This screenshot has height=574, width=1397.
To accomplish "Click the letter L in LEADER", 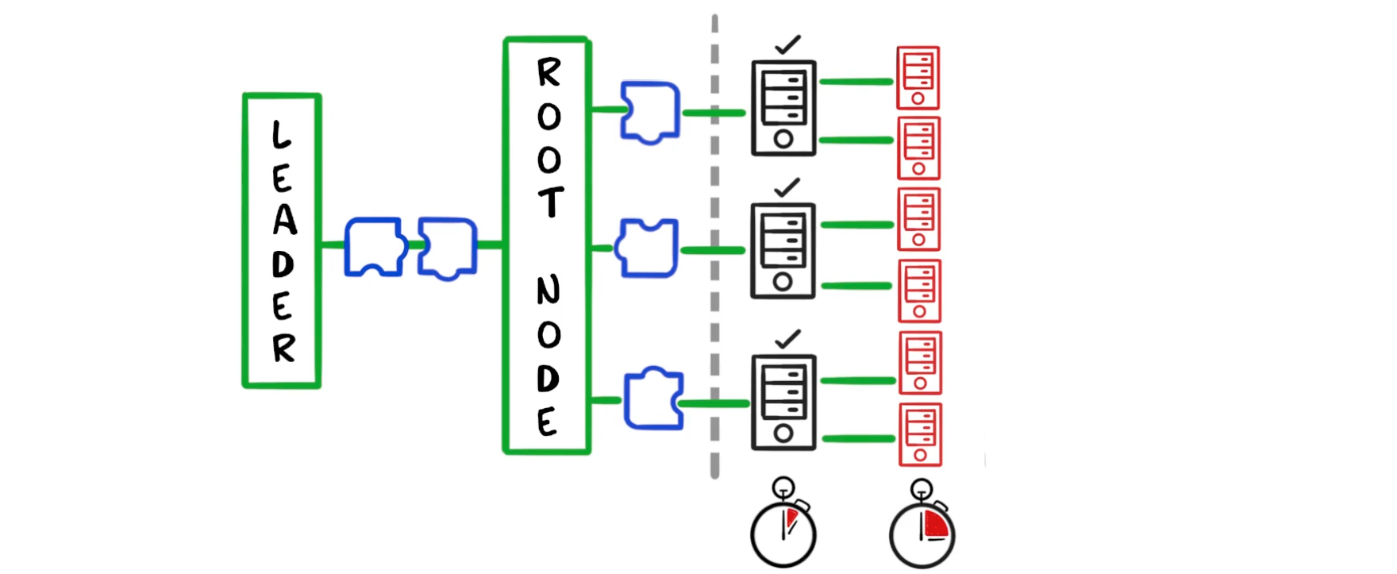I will click(281, 135).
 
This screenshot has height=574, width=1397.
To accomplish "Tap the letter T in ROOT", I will click(550, 202).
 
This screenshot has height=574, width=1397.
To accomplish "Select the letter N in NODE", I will click(548, 291).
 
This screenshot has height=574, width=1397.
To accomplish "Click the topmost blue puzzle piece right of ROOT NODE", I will click(650, 112).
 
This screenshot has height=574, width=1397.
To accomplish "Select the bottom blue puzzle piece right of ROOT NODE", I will click(653, 399).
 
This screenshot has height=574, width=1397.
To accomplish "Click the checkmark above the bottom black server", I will click(787, 339).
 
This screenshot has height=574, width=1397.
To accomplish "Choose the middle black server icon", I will click(783, 251).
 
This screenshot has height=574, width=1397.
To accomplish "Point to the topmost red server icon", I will click(918, 78).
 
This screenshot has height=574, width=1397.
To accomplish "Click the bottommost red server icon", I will click(920, 434).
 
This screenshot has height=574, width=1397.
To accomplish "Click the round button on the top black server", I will click(783, 140).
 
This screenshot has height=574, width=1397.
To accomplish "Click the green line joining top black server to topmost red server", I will click(856, 82).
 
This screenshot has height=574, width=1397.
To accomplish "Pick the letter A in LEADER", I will click(284, 220).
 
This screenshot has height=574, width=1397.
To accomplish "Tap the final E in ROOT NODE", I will click(547, 422).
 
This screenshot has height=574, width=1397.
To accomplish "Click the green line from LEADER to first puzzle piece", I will click(333, 245).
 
